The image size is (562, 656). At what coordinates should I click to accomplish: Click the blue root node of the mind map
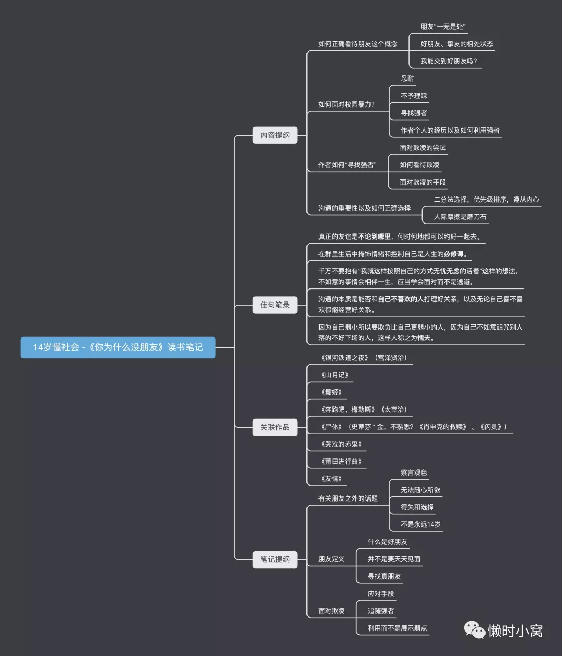coord(118,347)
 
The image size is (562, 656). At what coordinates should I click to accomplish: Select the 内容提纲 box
coord(275,135)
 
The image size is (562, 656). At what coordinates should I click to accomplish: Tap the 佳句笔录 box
coord(275,305)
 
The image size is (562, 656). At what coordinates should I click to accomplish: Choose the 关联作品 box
coord(275,427)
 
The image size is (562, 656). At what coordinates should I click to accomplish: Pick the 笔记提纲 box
coord(275,559)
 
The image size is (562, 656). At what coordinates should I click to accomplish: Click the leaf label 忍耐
coord(407,78)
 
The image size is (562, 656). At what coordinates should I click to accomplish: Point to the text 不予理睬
coord(414,96)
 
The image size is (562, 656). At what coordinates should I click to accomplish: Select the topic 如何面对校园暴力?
coord(346,104)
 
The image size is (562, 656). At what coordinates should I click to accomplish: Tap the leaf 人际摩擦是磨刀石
coord(460,217)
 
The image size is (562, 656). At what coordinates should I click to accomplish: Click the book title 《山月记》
coord(335,375)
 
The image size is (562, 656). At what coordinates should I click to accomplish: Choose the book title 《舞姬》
coord(331,392)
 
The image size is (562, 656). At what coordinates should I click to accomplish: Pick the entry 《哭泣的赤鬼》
coord(341,444)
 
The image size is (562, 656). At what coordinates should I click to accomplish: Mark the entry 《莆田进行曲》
coord(341,461)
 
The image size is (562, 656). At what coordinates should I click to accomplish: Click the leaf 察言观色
coord(414,473)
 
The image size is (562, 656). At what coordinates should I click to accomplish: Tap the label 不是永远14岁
coord(420,524)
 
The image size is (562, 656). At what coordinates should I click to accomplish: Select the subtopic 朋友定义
coord(331,559)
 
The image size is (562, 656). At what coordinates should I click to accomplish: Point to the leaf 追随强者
coord(381,611)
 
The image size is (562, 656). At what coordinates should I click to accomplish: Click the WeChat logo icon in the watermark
coord(474,629)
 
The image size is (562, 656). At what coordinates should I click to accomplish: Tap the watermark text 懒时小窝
coord(515,631)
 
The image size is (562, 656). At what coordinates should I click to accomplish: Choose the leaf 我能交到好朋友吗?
coord(449,61)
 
